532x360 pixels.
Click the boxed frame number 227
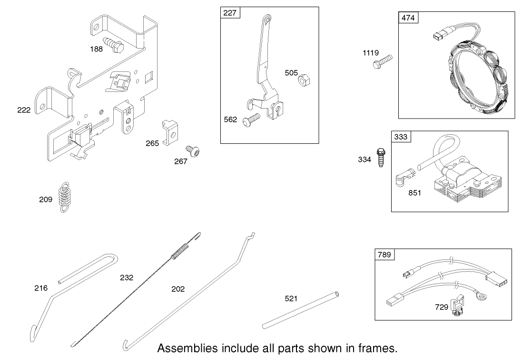coord(230,13)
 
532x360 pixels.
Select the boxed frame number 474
coord(408,18)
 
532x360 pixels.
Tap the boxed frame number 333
coord(401,137)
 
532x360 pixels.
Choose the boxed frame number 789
coord(384,255)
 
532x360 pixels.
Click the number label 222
coord(23,110)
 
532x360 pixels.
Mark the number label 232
coord(127,277)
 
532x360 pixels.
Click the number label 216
coord(41,288)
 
